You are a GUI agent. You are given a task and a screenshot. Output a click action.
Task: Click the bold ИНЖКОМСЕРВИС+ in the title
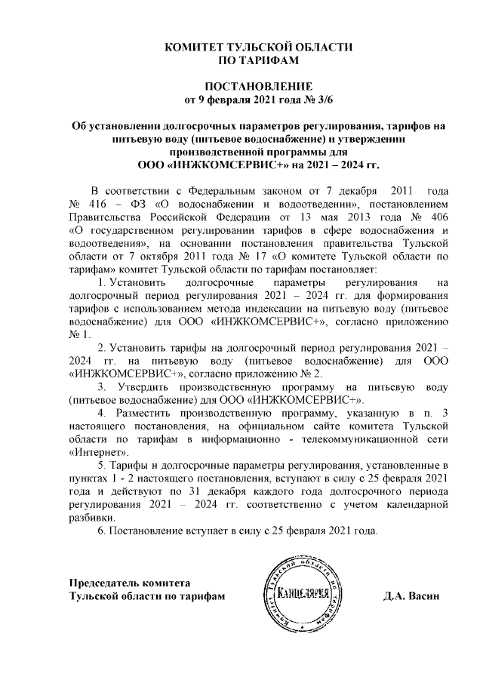pos(220,163)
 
